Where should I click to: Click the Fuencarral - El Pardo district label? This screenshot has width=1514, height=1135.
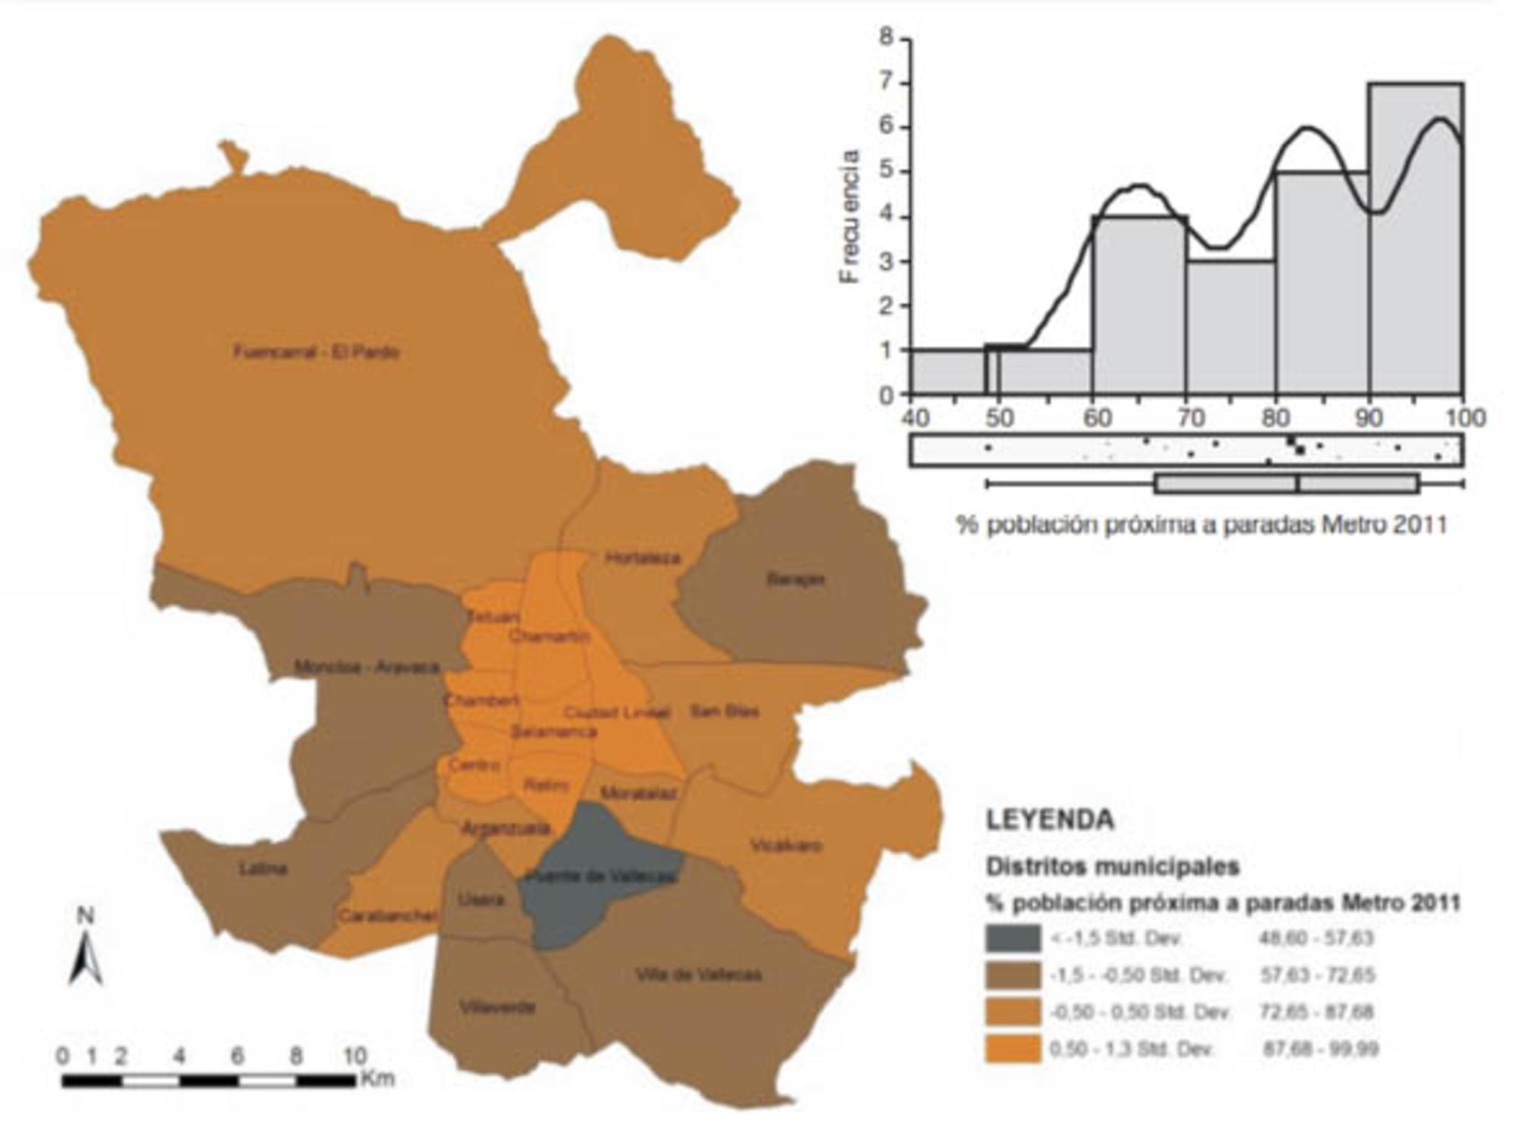[x=316, y=352]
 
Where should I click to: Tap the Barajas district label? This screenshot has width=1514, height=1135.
[x=795, y=580]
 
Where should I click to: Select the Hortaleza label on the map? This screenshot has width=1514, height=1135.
[x=642, y=558]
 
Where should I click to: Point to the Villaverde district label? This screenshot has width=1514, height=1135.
[x=497, y=1007]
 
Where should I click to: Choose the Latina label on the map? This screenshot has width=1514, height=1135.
[x=263, y=869]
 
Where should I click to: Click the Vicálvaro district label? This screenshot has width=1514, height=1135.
[x=786, y=845]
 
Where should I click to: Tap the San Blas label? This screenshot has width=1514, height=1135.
[x=724, y=711]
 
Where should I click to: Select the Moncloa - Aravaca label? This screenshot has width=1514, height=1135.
[x=366, y=667]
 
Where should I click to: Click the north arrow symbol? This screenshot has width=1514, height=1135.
[x=86, y=957]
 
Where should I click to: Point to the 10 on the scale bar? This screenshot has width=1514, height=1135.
[x=354, y=1056]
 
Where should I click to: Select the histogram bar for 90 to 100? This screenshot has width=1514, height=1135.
[x=1416, y=242]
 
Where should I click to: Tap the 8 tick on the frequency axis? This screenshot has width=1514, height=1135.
[x=886, y=38]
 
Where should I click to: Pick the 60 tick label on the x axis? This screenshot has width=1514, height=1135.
[x=1097, y=418]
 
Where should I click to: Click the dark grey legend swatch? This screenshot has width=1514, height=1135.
[x=1013, y=938]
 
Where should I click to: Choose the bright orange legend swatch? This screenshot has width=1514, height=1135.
[x=1013, y=1049]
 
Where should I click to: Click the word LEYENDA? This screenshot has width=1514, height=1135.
[x=1050, y=820]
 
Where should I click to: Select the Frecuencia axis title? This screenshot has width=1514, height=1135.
[x=851, y=216]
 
